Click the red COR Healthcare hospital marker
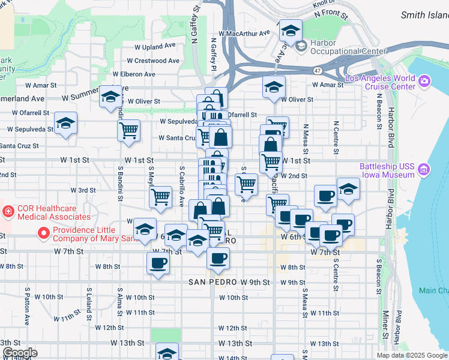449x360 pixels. [x=8, y=211]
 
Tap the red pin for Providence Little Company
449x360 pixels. [x=43, y=233]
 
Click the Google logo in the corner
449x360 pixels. [x=19, y=353]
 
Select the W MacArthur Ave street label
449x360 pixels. [x=244, y=34]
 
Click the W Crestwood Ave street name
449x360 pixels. [x=153, y=61]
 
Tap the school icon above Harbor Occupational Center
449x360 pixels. [x=291, y=31]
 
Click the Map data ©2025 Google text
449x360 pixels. [x=411, y=355]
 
